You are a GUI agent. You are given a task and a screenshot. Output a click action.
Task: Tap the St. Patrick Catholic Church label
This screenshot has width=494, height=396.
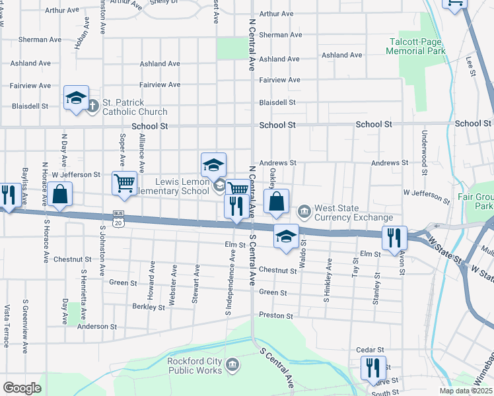tap(135, 108)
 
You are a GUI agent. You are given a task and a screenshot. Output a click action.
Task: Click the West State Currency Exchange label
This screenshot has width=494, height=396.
tap(353, 213)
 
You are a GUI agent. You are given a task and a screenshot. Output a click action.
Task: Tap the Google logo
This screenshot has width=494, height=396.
tap(22, 387)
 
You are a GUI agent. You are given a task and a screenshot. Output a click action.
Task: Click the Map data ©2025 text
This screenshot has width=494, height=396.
tap(465, 391)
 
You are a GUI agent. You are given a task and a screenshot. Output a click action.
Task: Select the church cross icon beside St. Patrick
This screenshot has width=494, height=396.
tap(93, 104)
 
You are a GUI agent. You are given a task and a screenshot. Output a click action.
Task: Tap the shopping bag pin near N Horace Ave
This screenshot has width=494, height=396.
tap(59, 195)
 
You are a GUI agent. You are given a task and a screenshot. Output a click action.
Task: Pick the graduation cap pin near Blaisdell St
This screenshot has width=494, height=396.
tap(76, 99)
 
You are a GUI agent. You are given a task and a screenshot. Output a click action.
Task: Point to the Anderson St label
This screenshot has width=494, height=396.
tap(97, 326)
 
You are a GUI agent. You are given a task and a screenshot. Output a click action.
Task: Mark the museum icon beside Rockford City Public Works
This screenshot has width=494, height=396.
tap(232, 364)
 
